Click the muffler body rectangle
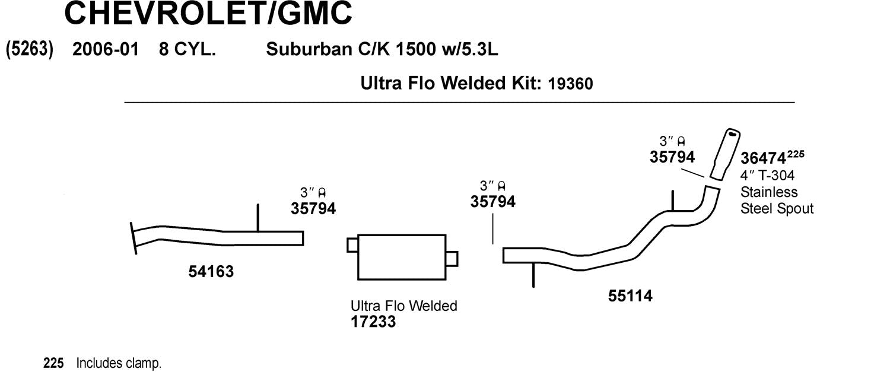pyautogui.click(x=402, y=257)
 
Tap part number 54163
pyautogui.click(x=211, y=272)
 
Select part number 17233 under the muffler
pyautogui.click(x=373, y=322)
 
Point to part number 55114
pyautogui.click(x=630, y=295)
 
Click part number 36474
pyautogui.click(x=763, y=160)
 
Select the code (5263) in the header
pyautogui.click(x=30, y=50)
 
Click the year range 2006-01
pyautogui.click(x=105, y=50)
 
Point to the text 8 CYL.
pyautogui.click(x=186, y=50)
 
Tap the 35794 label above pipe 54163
pyautogui.click(x=313, y=208)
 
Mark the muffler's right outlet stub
pyautogui.click(x=452, y=259)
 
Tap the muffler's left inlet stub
pyautogui.click(x=352, y=245)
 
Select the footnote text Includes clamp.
pyautogui.click(x=119, y=363)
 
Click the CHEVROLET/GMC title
pyautogui.click(x=208, y=13)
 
